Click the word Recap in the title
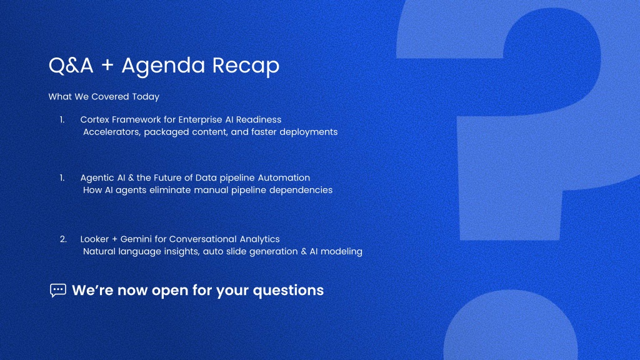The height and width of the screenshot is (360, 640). pos(246,65)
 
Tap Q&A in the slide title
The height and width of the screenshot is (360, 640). pos(71,65)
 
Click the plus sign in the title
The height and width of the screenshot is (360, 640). pos(107,65)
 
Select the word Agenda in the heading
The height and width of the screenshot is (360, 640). pos(163,65)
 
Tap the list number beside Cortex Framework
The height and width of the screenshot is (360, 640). pos(62,119)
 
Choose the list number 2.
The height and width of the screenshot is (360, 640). pos(63,239)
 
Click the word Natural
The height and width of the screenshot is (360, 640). pos(99,251)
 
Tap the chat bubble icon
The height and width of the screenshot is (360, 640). pos(58,290)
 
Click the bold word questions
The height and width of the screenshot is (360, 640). pos(288,291)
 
